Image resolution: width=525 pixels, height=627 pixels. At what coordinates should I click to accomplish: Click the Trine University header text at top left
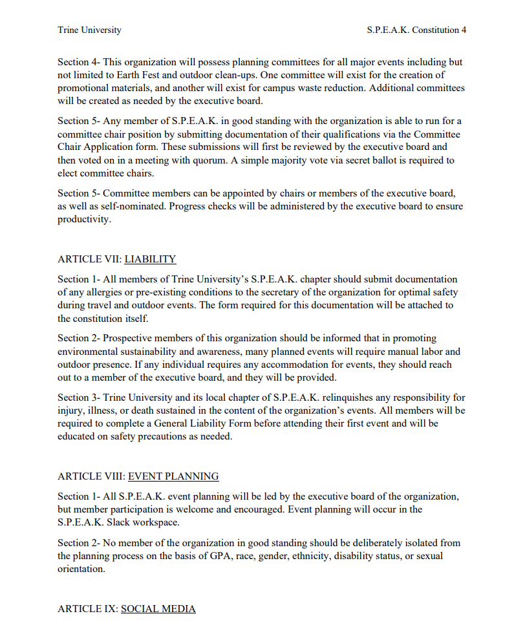(89, 30)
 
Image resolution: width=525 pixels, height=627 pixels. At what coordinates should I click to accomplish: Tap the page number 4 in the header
(464, 30)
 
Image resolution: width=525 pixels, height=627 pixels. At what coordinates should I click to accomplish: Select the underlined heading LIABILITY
(150, 259)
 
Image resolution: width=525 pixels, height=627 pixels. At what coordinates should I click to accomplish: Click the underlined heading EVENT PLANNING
(173, 476)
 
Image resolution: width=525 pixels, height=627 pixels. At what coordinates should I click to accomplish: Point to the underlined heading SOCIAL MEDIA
(158, 608)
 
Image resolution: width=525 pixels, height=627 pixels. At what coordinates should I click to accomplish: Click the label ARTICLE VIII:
(91, 476)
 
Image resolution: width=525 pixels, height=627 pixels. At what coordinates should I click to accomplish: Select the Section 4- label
(78, 62)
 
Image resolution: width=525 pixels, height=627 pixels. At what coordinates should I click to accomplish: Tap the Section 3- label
(78, 398)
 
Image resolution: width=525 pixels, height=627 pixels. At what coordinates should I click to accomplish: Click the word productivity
(84, 219)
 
